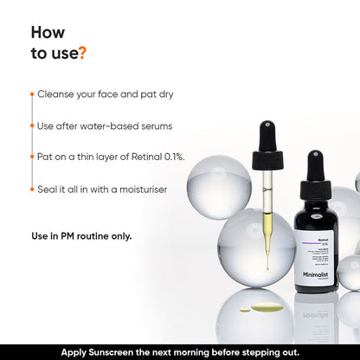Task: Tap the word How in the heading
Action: pos(48,32)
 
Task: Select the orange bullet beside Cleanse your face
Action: pos(32,93)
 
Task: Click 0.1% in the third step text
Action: pos(170,157)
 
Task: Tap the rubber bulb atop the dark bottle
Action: pos(316,165)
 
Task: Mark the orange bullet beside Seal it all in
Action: pos(32,189)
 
